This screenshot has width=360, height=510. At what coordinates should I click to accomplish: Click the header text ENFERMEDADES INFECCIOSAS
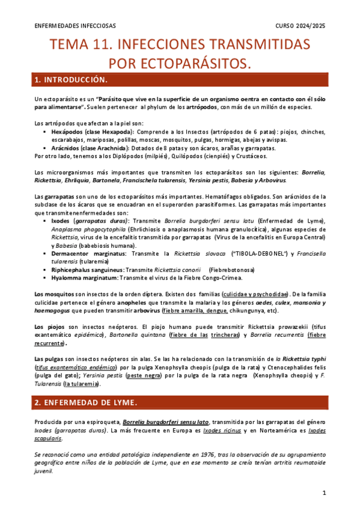pyautogui.click(x=75, y=26)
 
